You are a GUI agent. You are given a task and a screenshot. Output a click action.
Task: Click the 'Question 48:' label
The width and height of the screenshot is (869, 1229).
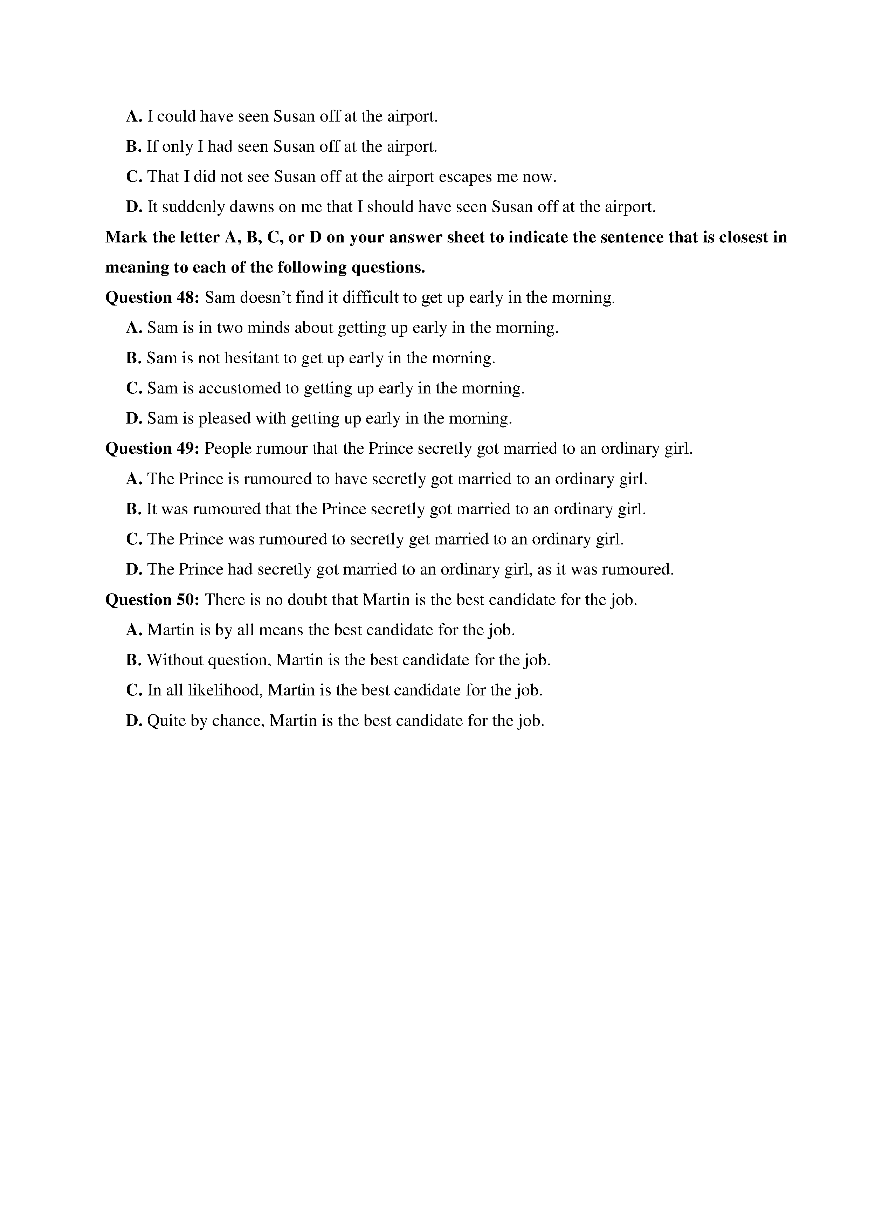coord(152,297)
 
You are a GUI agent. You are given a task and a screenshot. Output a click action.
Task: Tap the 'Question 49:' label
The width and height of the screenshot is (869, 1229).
coord(152,448)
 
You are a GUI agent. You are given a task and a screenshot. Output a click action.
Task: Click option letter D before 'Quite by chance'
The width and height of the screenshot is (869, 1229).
coord(133,721)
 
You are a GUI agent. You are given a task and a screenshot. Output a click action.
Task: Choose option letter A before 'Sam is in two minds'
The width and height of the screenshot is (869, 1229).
coord(133,328)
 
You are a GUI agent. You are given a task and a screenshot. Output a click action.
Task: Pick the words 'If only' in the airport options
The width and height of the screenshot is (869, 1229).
coord(170,147)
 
